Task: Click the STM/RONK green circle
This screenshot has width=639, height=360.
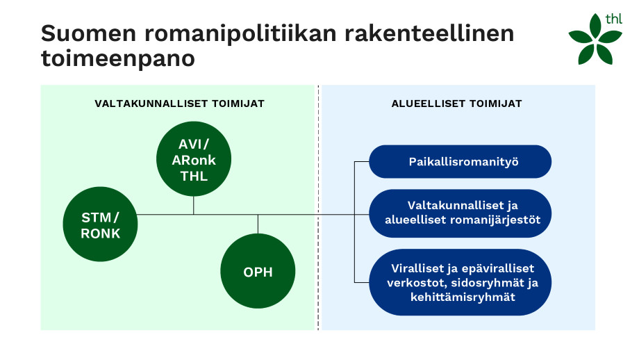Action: [100, 225]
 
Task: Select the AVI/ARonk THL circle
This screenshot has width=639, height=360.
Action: [194, 160]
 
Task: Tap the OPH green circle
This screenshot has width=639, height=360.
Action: [258, 272]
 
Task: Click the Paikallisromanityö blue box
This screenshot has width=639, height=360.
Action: [460, 162]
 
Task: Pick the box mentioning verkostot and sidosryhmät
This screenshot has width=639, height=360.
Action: [460, 282]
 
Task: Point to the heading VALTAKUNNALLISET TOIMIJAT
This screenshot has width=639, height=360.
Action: [179, 104]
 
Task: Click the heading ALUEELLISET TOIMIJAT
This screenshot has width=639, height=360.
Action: [457, 104]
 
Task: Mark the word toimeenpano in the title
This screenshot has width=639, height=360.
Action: [117, 59]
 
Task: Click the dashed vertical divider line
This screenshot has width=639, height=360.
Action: [319, 208]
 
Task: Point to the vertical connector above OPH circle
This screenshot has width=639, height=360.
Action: [258, 224]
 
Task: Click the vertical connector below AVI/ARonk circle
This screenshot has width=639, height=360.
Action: [194, 204]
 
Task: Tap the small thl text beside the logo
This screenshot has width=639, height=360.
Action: [613, 19]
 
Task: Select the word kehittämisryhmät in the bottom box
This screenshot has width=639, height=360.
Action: [460, 297]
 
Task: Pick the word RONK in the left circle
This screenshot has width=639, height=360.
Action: [100, 234]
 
